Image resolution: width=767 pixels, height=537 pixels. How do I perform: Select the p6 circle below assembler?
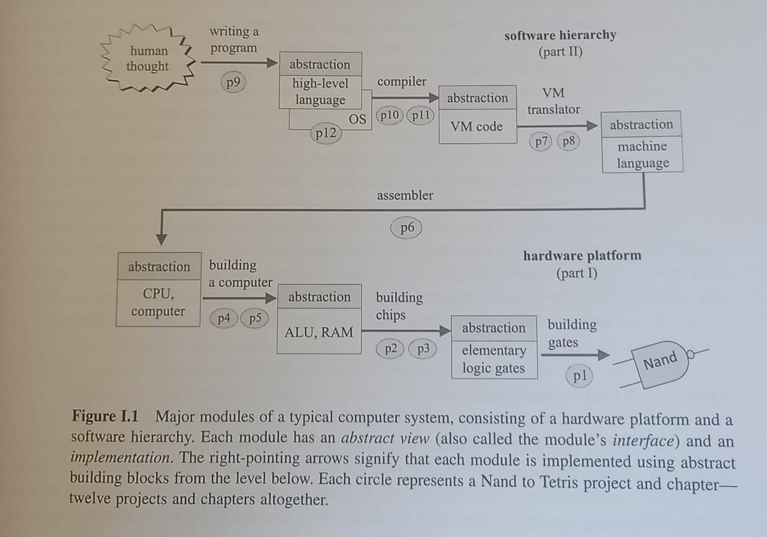click(x=407, y=228)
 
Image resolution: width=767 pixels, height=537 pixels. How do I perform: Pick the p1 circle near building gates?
click(x=580, y=376)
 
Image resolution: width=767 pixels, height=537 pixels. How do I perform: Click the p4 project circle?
click(x=224, y=318)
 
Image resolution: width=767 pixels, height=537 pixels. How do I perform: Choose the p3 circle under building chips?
click(x=422, y=348)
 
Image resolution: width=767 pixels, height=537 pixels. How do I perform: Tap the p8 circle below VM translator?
click(x=568, y=142)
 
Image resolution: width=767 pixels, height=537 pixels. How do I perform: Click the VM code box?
click(x=476, y=127)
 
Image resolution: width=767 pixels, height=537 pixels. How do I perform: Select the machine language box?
click(x=642, y=154)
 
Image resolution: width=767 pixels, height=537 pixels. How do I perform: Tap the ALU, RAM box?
click(x=318, y=332)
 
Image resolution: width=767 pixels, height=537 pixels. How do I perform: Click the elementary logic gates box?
click(x=493, y=359)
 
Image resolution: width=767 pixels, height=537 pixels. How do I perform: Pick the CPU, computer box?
click(x=158, y=303)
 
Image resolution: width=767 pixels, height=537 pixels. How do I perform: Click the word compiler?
click(x=401, y=82)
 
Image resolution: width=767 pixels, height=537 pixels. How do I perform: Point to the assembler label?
click(x=405, y=196)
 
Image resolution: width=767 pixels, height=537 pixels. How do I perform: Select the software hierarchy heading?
click(x=560, y=36)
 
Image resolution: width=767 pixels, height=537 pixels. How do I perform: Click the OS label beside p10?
click(x=358, y=119)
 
